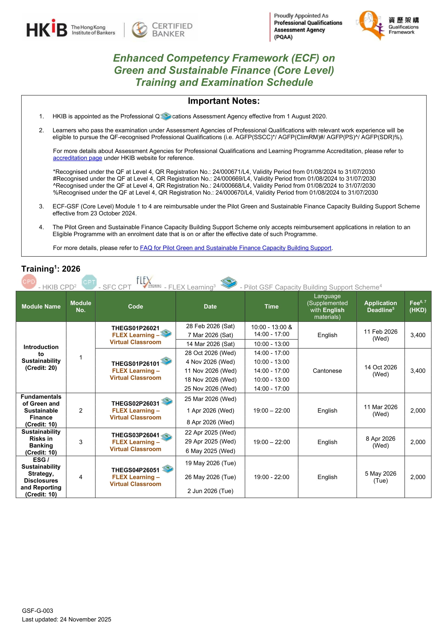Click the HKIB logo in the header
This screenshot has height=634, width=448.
[47, 29]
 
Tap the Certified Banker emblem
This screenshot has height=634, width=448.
[140, 30]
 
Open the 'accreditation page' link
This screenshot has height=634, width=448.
[78, 158]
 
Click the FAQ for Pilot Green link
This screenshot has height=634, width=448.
[235, 248]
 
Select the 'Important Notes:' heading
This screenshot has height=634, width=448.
[224, 101]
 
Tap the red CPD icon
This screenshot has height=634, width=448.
[29, 282]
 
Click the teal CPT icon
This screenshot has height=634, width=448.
[89, 282]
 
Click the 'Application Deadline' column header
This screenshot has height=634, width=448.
[380, 306]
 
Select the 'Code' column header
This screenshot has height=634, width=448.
[136, 307]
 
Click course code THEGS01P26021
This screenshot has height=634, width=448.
[136, 328]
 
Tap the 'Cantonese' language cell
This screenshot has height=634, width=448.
[327, 370]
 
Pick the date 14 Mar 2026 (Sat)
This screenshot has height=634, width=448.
[210, 344]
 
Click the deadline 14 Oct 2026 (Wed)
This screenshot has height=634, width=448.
[380, 370]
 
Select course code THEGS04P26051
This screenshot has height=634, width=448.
[136, 470]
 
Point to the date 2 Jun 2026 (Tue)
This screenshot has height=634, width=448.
[210, 491]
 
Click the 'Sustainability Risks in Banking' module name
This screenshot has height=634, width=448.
[41, 442]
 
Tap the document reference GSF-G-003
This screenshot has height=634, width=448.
[38, 610]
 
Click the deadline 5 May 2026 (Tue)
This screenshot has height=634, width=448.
[380, 477]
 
